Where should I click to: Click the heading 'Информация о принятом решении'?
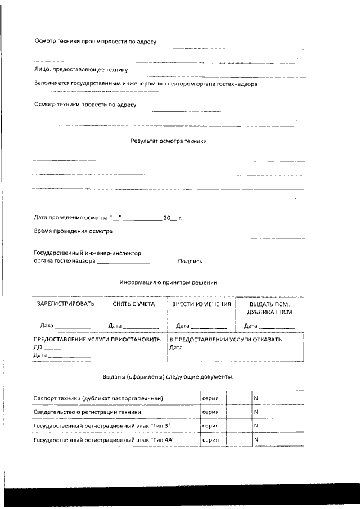[169, 282]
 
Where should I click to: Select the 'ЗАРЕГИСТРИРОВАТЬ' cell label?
[65, 304]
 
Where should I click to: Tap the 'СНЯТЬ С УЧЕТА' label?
[133, 304]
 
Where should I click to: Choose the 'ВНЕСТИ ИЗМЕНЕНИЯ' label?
[201, 304]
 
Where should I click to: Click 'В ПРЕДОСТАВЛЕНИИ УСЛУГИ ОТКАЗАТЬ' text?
[226, 340]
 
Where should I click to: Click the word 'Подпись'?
[190, 262]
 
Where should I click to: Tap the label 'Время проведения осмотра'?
[73, 231]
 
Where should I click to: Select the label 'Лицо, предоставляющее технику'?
[81, 70]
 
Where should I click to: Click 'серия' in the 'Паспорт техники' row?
[210, 398]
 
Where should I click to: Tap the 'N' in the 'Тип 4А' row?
[256, 439]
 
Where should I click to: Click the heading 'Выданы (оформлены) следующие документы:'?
[169, 376]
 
